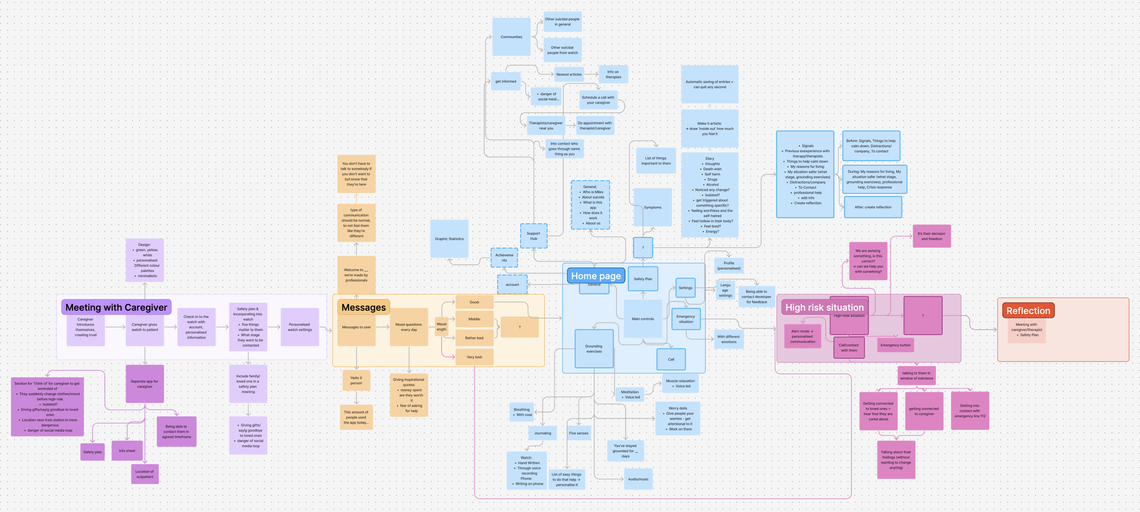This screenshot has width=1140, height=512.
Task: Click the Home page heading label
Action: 596,276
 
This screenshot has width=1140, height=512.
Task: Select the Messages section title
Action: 363,307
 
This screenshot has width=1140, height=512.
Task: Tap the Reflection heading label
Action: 1028,310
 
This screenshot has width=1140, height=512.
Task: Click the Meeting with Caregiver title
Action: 116,307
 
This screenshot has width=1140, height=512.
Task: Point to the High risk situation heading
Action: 824,307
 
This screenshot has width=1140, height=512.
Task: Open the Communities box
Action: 511,37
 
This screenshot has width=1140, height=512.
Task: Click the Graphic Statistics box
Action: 449,239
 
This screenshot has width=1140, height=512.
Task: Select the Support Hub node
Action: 533,236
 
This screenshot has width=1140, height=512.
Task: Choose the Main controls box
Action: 643,319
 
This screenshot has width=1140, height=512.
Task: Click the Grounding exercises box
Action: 594,349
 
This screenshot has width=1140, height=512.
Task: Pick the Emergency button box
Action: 895,345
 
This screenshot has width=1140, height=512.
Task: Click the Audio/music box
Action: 638,479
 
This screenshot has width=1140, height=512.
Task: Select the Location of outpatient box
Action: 145,474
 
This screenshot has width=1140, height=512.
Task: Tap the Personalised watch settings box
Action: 300,327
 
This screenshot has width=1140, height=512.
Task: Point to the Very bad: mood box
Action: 474,357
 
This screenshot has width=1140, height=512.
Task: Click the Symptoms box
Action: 652,208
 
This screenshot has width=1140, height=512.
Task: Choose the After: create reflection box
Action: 872,207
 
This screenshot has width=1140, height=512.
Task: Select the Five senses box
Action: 578,433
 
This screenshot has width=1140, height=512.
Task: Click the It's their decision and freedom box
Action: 931,236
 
